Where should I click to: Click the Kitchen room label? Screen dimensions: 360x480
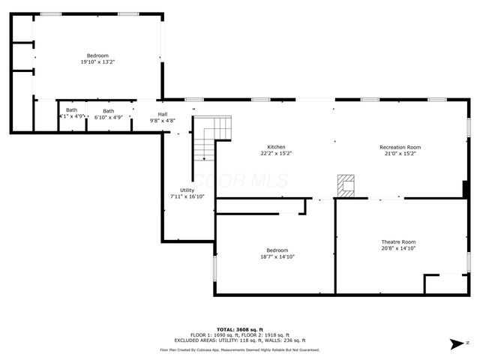(276, 147)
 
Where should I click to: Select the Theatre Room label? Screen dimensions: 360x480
(398, 241)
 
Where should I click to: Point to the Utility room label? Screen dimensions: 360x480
(187, 190)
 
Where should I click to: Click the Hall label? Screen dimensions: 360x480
(162, 114)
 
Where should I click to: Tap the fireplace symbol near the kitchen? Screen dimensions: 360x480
(345, 185)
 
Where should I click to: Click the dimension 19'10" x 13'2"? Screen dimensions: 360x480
(97, 62)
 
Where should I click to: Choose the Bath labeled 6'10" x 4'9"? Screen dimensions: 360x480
(109, 118)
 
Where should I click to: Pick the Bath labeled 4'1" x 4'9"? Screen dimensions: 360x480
(71, 118)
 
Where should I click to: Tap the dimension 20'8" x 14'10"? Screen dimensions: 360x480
(398, 248)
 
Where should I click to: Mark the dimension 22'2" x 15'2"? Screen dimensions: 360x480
(276, 154)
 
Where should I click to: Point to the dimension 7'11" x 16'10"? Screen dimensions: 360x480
(187, 196)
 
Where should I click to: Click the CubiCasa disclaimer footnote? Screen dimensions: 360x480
(239, 349)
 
